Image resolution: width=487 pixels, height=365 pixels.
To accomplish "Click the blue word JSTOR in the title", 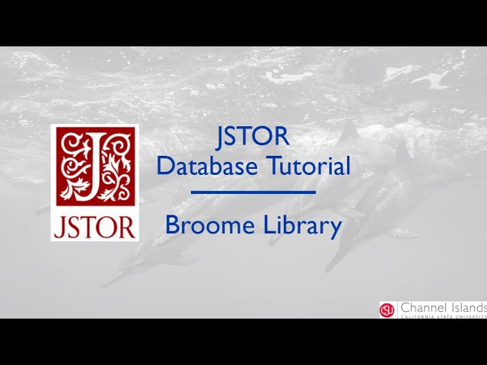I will (253, 137).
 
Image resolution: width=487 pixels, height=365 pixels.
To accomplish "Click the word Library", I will (304, 226).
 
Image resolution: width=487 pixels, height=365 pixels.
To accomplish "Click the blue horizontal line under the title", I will (253, 192).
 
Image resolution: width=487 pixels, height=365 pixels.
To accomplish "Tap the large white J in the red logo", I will (94, 166).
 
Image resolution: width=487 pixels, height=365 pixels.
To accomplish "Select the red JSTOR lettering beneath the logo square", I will (94, 227).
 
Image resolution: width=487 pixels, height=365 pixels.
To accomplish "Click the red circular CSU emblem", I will (387, 309).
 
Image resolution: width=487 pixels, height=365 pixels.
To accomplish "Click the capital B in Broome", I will (173, 225).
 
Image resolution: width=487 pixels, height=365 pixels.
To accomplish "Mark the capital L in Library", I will (270, 225).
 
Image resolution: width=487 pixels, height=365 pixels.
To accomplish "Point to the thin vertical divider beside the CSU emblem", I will (397, 309).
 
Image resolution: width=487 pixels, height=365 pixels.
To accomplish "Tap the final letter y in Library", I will (336, 228).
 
